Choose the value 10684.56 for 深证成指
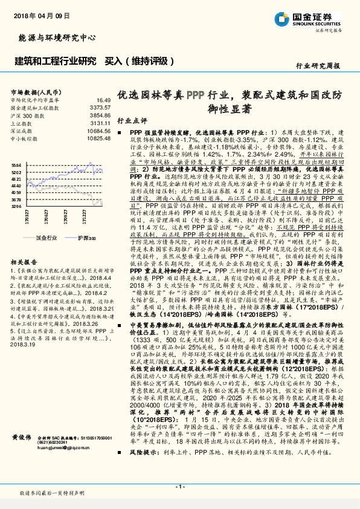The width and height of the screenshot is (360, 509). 98,130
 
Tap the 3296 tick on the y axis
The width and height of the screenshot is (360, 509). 17,207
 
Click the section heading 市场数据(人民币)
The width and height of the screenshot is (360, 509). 33,91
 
